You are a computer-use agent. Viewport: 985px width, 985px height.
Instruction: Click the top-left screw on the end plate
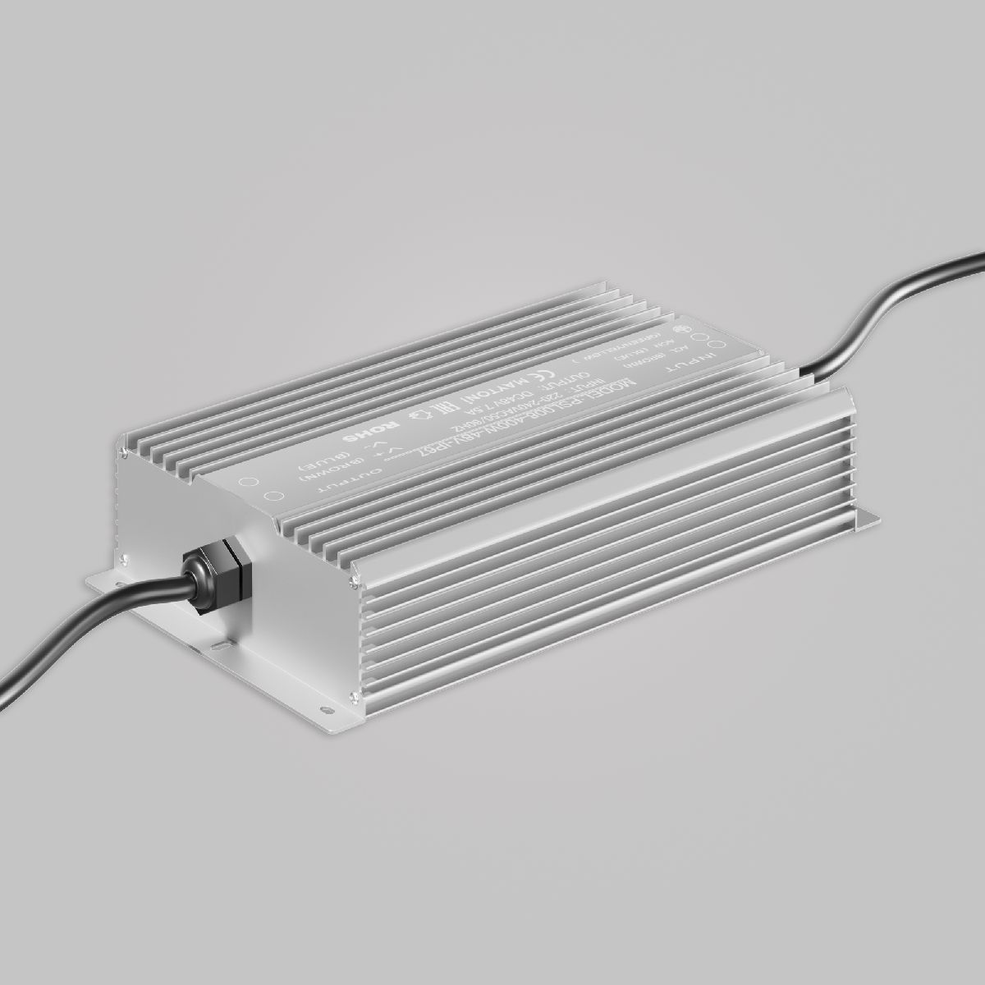[x=124, y=451]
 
